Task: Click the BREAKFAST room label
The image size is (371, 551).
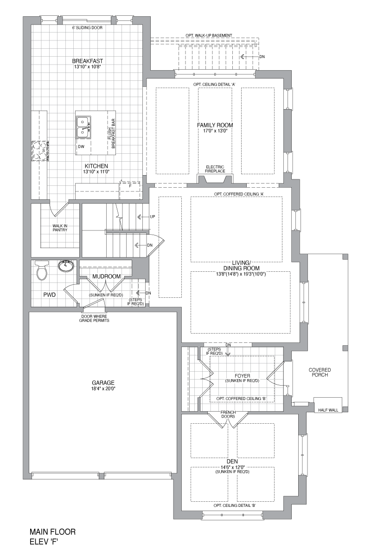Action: pyautogui.click(x=88, y=61)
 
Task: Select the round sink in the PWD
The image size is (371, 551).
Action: pyautogui.click(x=66, y=266)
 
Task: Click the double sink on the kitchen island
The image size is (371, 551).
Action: pyautogui.click(x=83, y=127)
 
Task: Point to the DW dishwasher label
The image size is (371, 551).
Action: pyautogui.click(x=81, y=147)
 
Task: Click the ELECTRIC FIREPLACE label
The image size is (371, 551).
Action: pyautogui.click(x=215, y=169)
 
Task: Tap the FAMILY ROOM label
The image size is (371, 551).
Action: pyautogui.click(x=215, y=125)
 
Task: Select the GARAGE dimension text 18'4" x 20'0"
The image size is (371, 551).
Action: pyautogui.click(x=103, y=389)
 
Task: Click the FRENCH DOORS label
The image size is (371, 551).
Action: pyautogui.click(x=228, y=414)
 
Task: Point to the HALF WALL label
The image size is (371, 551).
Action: pyautogui.click(x=329, y=410)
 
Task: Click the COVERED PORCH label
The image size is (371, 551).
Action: pyautogui.click(x=320, y=372)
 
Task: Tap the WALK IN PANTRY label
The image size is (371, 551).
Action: pyautogui.click(x=60, y=228)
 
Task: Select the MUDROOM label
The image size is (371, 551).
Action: pyautogui.click(x=107, y=276)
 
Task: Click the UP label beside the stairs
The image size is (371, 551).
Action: pyautogui.click(x=152, y=217)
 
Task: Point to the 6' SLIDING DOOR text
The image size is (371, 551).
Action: pyautogui.click(x=87, y=27)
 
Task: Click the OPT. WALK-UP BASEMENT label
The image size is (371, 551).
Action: pyautogui.click(x=209, y=35)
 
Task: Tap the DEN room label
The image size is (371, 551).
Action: pyautogui.click(x=232, y=461)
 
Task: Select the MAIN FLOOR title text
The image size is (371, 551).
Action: pyautogui.click(x=52, y=531)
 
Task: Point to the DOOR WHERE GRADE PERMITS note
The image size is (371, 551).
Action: pyautogui.click(x=94, y=318)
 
